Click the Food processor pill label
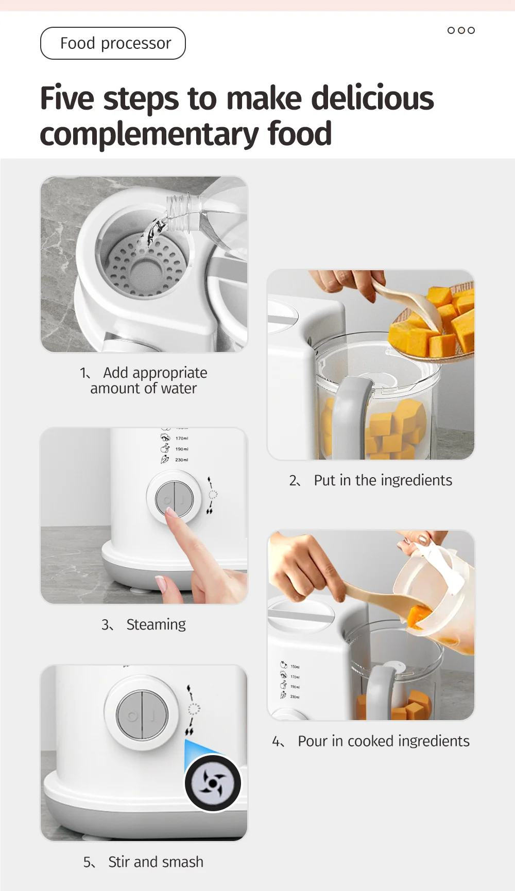coord(113,43)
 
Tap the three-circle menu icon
coord(461,30)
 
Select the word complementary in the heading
coord(149,134)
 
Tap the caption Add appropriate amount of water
coord(144,380)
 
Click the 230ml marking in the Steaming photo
coord(181,460)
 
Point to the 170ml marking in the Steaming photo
coord(181,439)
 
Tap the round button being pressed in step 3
coord(175,499)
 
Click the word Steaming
coord(156,624)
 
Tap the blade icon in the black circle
coord(213,783)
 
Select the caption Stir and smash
coord(156,862)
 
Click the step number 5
coord(88,862)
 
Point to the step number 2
coord(294,481)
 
